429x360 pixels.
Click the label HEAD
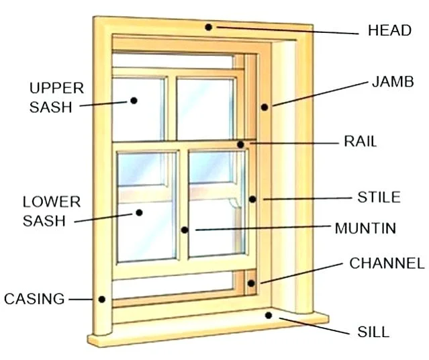[x=389, y=30]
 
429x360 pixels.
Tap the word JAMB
[x=392, y=83]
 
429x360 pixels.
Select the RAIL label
[x=361, y=142]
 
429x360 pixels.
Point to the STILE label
[x=379, y=197]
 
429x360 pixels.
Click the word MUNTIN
[x=365, y=228]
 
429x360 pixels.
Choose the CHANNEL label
[x=387, y=263]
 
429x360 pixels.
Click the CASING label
[x=34, y=298]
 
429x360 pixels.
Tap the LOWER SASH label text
[x=51, y=211]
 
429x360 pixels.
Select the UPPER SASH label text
[x=56, y=97]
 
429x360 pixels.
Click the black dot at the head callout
[x=209, y=28]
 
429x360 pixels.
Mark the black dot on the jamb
[x=265, y=106]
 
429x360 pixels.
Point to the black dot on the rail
[x=240, y=144]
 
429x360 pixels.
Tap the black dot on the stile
[x=252, y=199]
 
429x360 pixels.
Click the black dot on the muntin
[x=184, y=230]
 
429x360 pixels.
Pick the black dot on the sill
[x=269, y=314]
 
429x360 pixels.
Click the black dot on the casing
[x=102, y=299]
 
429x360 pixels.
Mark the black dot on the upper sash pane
[x=134, y=101]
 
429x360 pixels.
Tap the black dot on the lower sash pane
[x=140, y=212]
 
